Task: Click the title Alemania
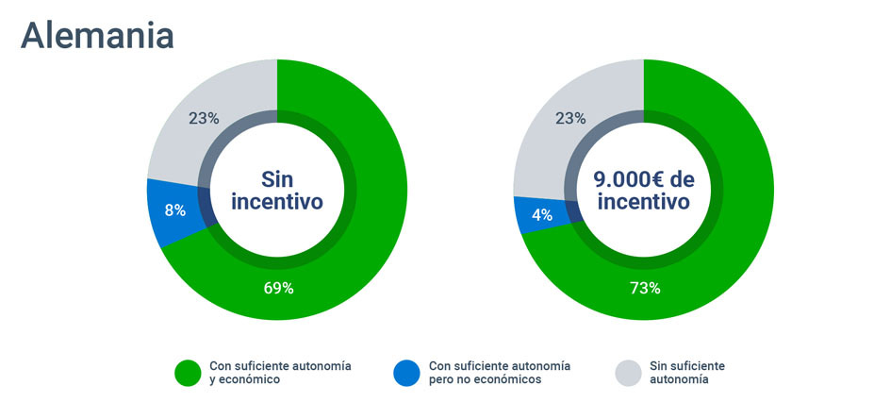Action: [97, 35]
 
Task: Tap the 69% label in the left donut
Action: [278, 288]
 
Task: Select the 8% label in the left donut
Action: [174, 210]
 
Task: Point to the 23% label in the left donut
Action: [204, 118]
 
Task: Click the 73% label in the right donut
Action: [645, 288]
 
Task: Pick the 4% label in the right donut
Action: [541, 214]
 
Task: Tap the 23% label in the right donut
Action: [570, 118]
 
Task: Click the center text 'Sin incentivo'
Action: [277, 190]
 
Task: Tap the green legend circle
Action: [187, 373]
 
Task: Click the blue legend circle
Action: [406, 373]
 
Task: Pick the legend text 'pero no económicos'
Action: [486, 380]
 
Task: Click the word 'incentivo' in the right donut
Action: [644, 202]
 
